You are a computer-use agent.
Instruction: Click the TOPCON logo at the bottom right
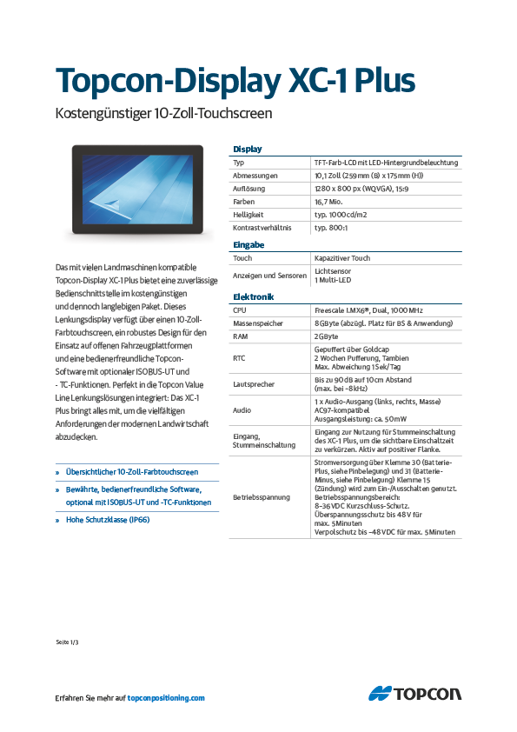[414, 694]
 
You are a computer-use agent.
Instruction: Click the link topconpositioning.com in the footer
[166, 697]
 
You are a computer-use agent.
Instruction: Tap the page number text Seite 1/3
[67, 642]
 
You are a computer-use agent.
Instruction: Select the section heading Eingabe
[249, 245]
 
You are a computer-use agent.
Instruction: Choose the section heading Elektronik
[254, 296]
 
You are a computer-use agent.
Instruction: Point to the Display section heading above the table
[248, 150]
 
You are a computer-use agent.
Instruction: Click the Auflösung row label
[249, 188]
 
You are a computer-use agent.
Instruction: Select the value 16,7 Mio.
[330, 201]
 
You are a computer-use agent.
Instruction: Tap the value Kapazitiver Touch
[342, 258]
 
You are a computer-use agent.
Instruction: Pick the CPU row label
[240, 309]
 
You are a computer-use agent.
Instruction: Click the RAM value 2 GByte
[327, 336]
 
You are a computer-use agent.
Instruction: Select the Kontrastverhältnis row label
[262, 227]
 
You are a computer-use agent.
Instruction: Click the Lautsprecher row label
[254, 383]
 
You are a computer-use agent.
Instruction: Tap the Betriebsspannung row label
[260, 498]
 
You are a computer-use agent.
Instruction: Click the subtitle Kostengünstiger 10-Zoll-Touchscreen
[164, 113]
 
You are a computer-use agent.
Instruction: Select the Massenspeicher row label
[259, 323]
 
